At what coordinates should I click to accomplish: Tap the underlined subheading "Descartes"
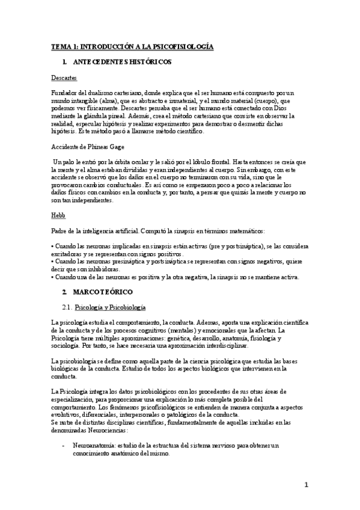[x=64, y=78]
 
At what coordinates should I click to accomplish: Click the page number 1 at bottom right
[x=306, y=485]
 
